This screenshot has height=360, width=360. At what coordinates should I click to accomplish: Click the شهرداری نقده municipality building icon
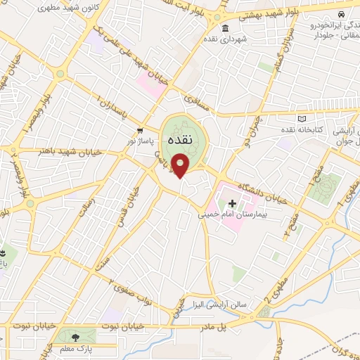224,29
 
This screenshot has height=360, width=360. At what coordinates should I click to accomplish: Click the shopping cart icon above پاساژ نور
141,130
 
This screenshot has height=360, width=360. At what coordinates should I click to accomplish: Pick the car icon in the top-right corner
341,14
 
